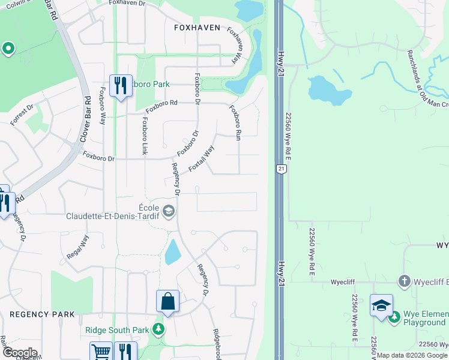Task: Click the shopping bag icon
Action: click(x=167, y=301)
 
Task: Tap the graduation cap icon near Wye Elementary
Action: click(x=381, y=305)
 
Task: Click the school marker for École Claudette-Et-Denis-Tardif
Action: click(x=169, y=210)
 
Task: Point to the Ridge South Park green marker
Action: click(x=158, y=329)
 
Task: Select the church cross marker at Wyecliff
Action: click(x=405, y=281)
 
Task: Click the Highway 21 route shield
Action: click(x=280, y=170)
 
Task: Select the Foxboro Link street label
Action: click(x=145, y=136)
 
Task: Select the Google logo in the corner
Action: click(x=19, y=353)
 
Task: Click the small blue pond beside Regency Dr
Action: click(x=172, y=252)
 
